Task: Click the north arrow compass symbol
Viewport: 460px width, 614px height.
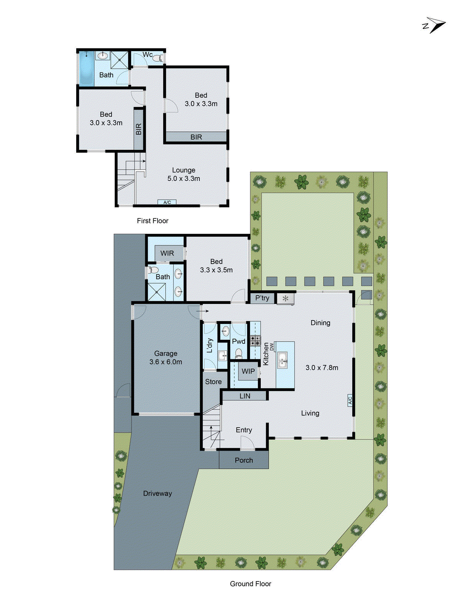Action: tap(435, 25)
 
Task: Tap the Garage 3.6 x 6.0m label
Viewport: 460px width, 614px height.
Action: tap(166, 358)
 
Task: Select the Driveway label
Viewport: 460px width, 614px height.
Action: tap(157, 494)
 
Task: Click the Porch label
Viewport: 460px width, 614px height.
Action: tap(244, 460)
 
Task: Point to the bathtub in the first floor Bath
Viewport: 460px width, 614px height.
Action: tap(86, 68)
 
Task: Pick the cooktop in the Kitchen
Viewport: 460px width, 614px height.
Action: tap(255, 340)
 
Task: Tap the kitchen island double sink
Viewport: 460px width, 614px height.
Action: tap(283, 360)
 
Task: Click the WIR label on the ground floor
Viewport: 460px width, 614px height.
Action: tap(167, 253)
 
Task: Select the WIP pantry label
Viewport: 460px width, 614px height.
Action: tap(248, 371)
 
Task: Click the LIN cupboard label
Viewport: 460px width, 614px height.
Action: tap(245, 396)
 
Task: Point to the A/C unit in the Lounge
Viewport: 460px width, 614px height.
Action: tap(167, 202)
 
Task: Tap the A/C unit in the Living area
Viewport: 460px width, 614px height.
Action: tap(350, 400)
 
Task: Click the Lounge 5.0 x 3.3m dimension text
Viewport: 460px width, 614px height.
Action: tap(184, 178)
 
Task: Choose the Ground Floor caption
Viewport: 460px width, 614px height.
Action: tap(250, 584)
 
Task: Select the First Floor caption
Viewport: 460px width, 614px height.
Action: tap(153, 221)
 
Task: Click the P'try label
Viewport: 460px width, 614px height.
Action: tap(262, 298)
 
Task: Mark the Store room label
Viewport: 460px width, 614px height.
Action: tap(213, 382)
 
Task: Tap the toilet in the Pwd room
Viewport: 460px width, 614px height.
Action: tap(238, 353)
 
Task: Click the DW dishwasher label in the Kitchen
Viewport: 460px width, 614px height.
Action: tap(272, 347)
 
